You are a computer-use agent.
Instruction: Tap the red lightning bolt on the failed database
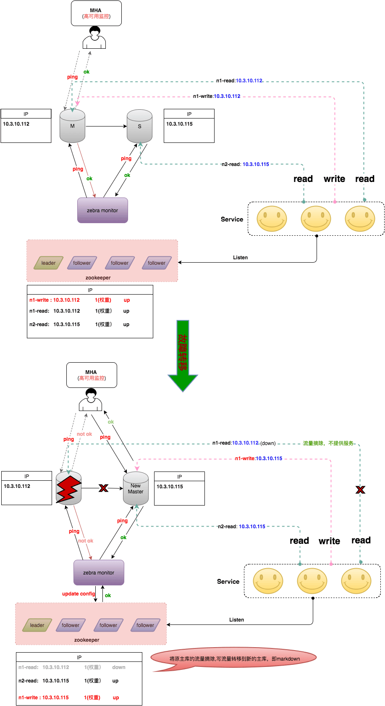click(68, 488)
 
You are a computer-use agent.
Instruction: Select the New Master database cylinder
click(136, 489)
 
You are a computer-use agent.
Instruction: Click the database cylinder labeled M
click(72, 126)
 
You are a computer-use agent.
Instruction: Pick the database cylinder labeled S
click(139, 126)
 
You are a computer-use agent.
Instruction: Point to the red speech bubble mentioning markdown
click(234, 659)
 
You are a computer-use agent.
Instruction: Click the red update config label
click(79, 594)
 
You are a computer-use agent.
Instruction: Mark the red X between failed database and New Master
click(103, 488)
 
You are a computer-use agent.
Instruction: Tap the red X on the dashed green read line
click(360, 490)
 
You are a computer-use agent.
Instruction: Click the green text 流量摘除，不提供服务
click(328, 443)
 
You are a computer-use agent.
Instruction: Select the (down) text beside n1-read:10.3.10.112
click(268, 443)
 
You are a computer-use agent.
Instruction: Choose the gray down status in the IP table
click(119, 667)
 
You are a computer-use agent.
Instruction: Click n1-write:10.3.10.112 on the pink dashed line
click(217, 96)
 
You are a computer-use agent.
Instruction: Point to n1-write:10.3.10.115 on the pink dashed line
click(259, 458)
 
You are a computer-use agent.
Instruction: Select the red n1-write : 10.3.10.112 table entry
click(55, 300)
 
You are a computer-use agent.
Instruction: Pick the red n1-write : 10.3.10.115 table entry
click(44, 698)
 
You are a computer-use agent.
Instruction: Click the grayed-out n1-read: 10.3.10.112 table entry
click(44, 667)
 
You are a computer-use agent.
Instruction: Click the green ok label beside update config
click(108, 595)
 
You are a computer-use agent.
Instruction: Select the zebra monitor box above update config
click(99, 572)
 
